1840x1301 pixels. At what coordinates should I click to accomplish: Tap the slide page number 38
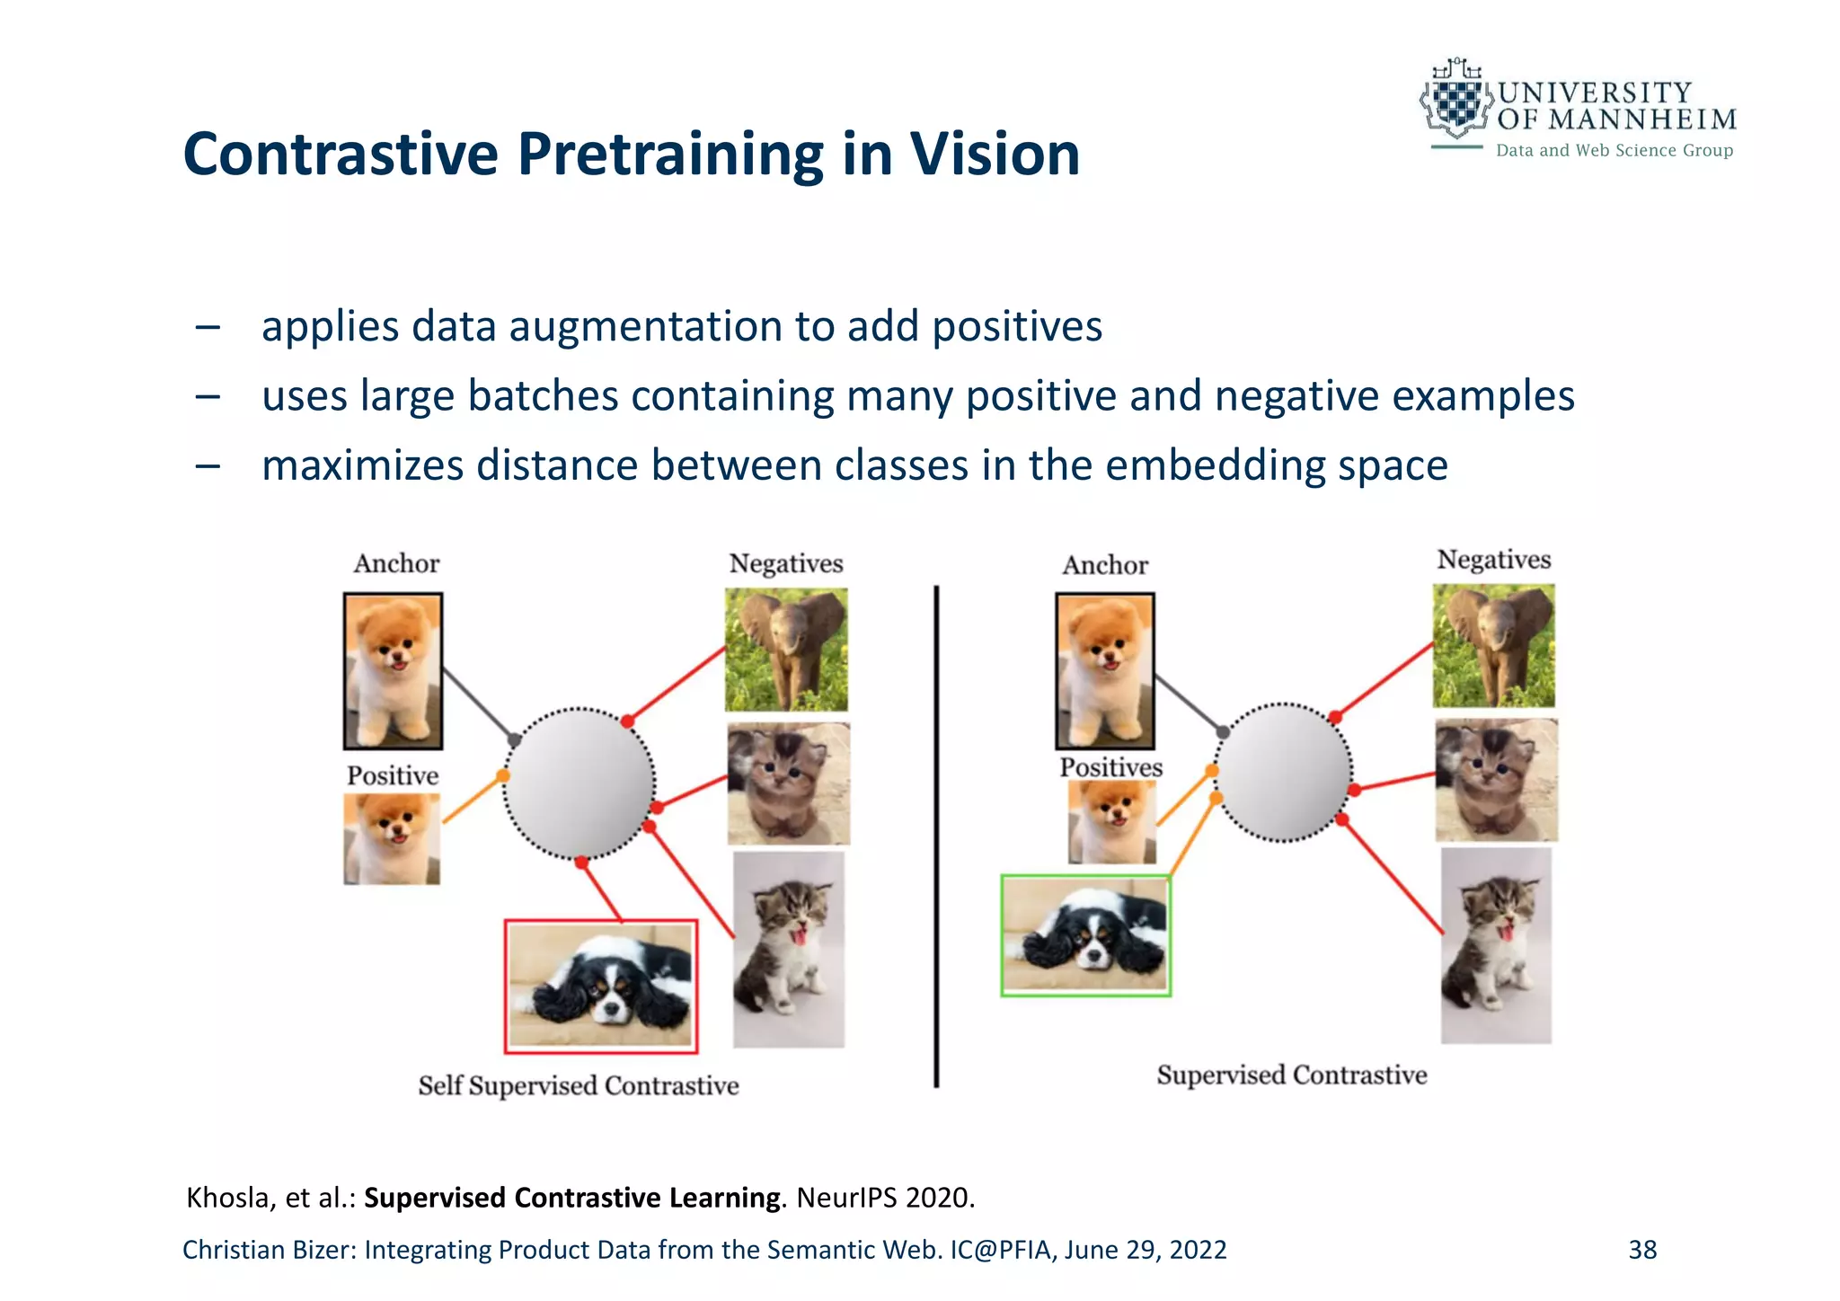pos(1641,1250)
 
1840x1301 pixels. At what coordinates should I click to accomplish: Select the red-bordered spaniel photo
pos(600,986)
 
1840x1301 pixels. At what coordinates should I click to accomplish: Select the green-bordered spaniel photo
pos(1085,935)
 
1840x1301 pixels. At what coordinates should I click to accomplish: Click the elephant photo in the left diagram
pos(786,650)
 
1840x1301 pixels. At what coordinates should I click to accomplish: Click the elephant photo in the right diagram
pos(1493,645)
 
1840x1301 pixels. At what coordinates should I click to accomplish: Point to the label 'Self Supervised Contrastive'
pos(579,1085)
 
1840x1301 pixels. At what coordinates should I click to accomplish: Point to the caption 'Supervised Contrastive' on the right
pos(1291,1075)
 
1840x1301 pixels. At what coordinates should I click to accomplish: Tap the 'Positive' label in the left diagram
pos(393,775)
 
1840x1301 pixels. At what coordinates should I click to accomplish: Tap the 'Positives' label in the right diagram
pos(1110,767)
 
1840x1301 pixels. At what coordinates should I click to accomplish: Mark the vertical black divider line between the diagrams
pos(936,836)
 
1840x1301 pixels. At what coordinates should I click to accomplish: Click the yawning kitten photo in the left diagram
pos(788,950)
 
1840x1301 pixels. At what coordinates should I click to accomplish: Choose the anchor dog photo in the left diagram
pos(393,671)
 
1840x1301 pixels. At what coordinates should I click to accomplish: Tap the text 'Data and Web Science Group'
pos(1614,150)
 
